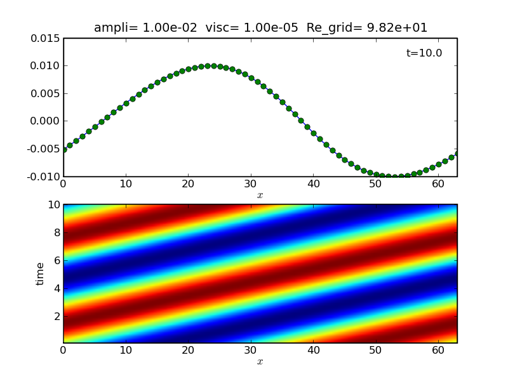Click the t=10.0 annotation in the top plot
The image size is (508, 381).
(x=424, y=53)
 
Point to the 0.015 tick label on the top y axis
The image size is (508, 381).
(x=45, y=38)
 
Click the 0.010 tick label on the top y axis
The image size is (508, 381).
(x=45, y=66)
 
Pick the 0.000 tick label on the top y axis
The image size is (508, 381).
(x=45, y=121)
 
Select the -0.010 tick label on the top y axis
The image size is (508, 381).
(x=43, y=177)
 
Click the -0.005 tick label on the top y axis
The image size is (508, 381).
(x=43, y=149)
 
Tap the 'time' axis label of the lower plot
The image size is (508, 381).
(x=41, y=274)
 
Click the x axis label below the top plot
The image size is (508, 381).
(x=260, y=196)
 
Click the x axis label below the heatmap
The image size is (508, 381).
(x=260, y=362)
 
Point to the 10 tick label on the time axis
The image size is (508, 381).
(x=52, y=204)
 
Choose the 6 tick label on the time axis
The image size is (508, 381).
(x=55, y=260)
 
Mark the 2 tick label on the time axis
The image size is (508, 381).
(x=55, y=316)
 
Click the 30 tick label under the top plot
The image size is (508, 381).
(x=251, y=184)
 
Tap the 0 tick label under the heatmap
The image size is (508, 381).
(x=63, y=351)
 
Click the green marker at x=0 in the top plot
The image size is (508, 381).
(x=63, y=150)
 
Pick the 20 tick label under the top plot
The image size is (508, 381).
(x=189, y=184)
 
